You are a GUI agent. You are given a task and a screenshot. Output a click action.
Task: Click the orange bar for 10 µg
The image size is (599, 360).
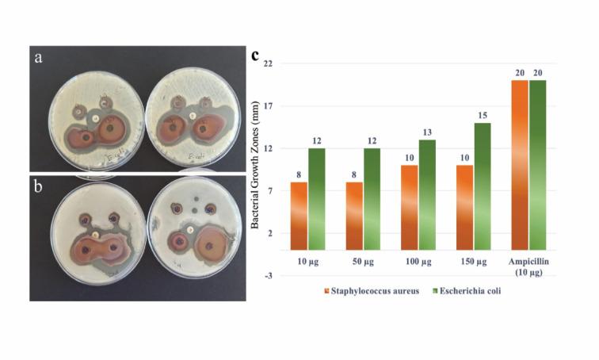pos(299,216)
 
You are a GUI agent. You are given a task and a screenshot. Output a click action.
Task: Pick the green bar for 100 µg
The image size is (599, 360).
pos(428,194)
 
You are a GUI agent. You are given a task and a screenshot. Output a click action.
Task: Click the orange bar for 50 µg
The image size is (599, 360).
pos(355,216)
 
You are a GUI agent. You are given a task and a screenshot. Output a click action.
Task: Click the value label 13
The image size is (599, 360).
pos(428,132)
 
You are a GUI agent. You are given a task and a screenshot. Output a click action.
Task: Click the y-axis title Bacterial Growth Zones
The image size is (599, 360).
pos(256,170)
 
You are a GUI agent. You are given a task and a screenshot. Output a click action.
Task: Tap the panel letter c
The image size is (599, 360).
pos(255,56)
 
